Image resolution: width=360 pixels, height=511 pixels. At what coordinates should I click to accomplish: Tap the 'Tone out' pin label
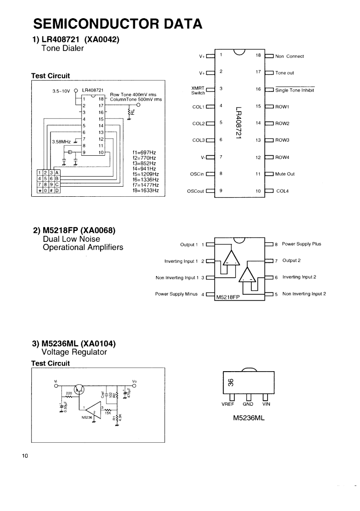coord(284,73)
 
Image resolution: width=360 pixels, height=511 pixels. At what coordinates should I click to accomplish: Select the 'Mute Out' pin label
coord(285,174)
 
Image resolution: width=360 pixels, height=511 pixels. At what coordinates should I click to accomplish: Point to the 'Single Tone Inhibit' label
coord(294,90)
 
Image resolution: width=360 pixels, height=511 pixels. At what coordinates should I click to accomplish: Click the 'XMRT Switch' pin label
coord(198,90)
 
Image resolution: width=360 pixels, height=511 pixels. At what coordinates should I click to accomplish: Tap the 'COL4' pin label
coord(283,191)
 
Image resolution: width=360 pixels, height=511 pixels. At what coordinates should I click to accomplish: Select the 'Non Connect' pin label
coord(289,56)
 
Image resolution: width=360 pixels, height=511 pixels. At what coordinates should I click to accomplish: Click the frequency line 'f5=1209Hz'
coord(146,174)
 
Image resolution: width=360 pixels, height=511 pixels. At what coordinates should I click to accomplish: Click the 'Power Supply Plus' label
coord(301,244)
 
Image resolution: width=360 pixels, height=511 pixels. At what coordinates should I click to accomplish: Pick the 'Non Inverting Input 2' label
coord(304,294)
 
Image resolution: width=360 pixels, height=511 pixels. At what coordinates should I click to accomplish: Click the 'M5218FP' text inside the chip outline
coord(228,296)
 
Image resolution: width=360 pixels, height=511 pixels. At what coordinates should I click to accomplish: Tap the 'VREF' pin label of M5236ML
coord(228,404)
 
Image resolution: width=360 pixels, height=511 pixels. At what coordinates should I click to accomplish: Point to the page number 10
coord(25,455)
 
